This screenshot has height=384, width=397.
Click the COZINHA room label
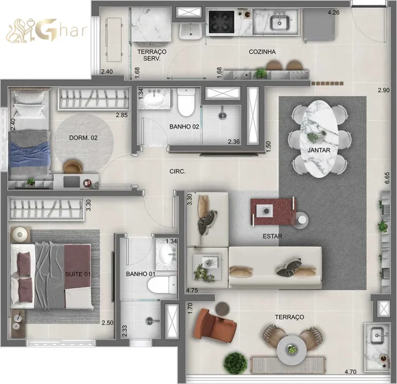[262, 52]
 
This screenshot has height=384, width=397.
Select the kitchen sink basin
[280, 22]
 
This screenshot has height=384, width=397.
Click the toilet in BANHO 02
[186, 104]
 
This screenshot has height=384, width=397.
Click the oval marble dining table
[318, 138]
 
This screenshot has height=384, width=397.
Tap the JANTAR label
[318, 150]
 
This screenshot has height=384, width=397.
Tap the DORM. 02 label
[83, 137]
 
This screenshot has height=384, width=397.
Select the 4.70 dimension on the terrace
[351, 371]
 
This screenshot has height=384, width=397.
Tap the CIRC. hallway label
[177, 171]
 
